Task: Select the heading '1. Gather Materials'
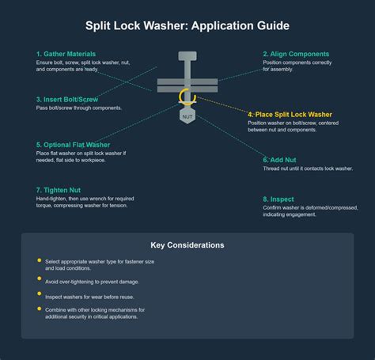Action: tap(66, 55)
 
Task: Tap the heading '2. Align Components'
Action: tap(295, 55)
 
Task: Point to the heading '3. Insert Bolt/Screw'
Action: tap(67, 100)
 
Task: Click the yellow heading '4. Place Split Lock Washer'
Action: tap(289, 115)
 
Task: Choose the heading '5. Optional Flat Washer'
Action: tap(73, 145)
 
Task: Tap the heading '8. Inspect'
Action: tap(279, 199)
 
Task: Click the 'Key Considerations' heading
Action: tap(187, 245)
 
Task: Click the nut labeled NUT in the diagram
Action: tap(187, 116)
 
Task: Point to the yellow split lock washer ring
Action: tap(187, 98)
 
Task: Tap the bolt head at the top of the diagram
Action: tap(187, 56)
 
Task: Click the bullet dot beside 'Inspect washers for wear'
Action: tap(40, 294)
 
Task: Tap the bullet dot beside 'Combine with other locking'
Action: tap(40, 308)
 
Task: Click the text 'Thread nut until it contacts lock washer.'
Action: tap(308, 169)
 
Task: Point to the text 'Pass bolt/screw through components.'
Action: tap(79, 108)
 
